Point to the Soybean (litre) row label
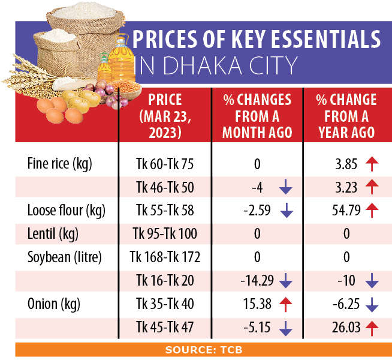point(65,257)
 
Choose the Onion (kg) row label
point(51,304)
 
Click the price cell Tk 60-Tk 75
point(165,164)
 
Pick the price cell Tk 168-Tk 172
point(165,257)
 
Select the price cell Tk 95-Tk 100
point(165,234)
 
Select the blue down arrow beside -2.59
point(285,211)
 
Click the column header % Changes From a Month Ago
point(257,116)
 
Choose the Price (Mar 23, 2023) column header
point(165,116)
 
